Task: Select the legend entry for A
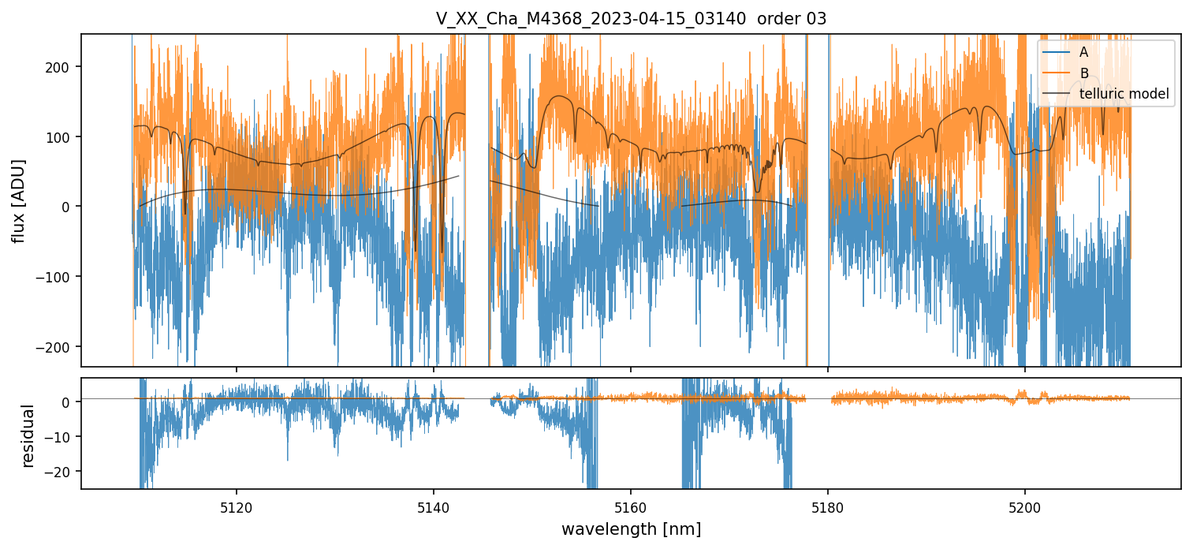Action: (x=1083, y=52)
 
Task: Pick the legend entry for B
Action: (x=1083, y=73)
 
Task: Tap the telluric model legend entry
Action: (x=1124, y=95)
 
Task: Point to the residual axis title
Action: (x=28, y=435)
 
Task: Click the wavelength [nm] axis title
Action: (x=631, y=528)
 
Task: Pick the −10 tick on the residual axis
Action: (x=61, y=437)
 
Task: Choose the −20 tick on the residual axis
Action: (x=61, y=472)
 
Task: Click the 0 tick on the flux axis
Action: (x=66, y=207)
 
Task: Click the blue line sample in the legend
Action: (x=1055, y=52)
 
